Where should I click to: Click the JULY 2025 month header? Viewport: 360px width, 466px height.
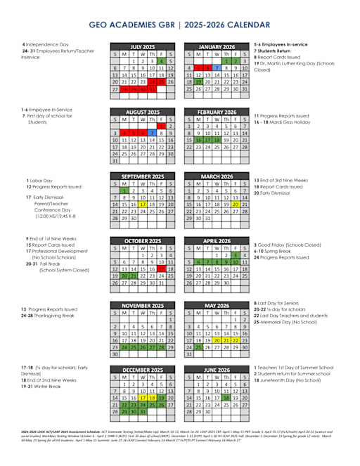pyautogui.click(x=142, y=46)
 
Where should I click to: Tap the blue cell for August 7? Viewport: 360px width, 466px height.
pyautogui.click(x=152, y=133)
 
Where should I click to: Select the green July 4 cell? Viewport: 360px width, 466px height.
pyautogui.click(x=161, y=61)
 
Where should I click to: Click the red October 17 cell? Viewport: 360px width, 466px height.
pyautogui.click(x=161, y=268)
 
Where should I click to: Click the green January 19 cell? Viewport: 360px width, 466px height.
pyautogui.click(x=198, y=82)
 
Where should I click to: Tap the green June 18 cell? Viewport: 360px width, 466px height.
pyautogui.click(x=226, y=397)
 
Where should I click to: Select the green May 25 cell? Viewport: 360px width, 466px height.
pyautogui.click(x=198, y=347)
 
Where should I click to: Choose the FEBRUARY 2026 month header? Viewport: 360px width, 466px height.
pyautogui.click(x=217, y=112)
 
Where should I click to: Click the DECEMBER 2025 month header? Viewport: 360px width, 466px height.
pyautogui.click(x=142, y=370)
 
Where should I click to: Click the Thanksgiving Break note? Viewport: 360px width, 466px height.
pyautogui.click(x=54, y=316)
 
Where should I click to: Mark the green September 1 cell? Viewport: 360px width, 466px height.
pyautogui.click(x=124, y=190)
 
